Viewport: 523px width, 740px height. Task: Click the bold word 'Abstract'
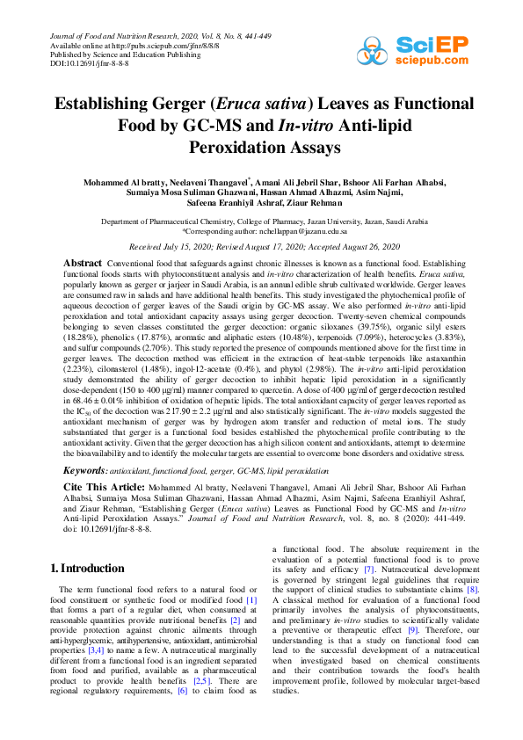[x=84, y=264]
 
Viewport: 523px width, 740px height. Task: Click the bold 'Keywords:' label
[x=84, y=472]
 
